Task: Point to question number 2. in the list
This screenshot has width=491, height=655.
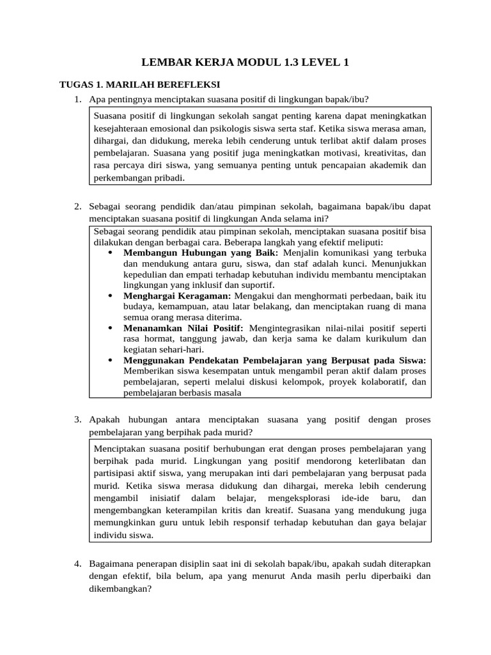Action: (x=77, y=207)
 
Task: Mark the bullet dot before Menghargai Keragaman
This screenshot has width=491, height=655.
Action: (x=111, y=296)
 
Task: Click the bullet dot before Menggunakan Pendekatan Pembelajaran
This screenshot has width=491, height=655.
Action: (x=111, y=361)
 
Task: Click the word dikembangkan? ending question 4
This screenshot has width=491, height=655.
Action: (x=120, y=588)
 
